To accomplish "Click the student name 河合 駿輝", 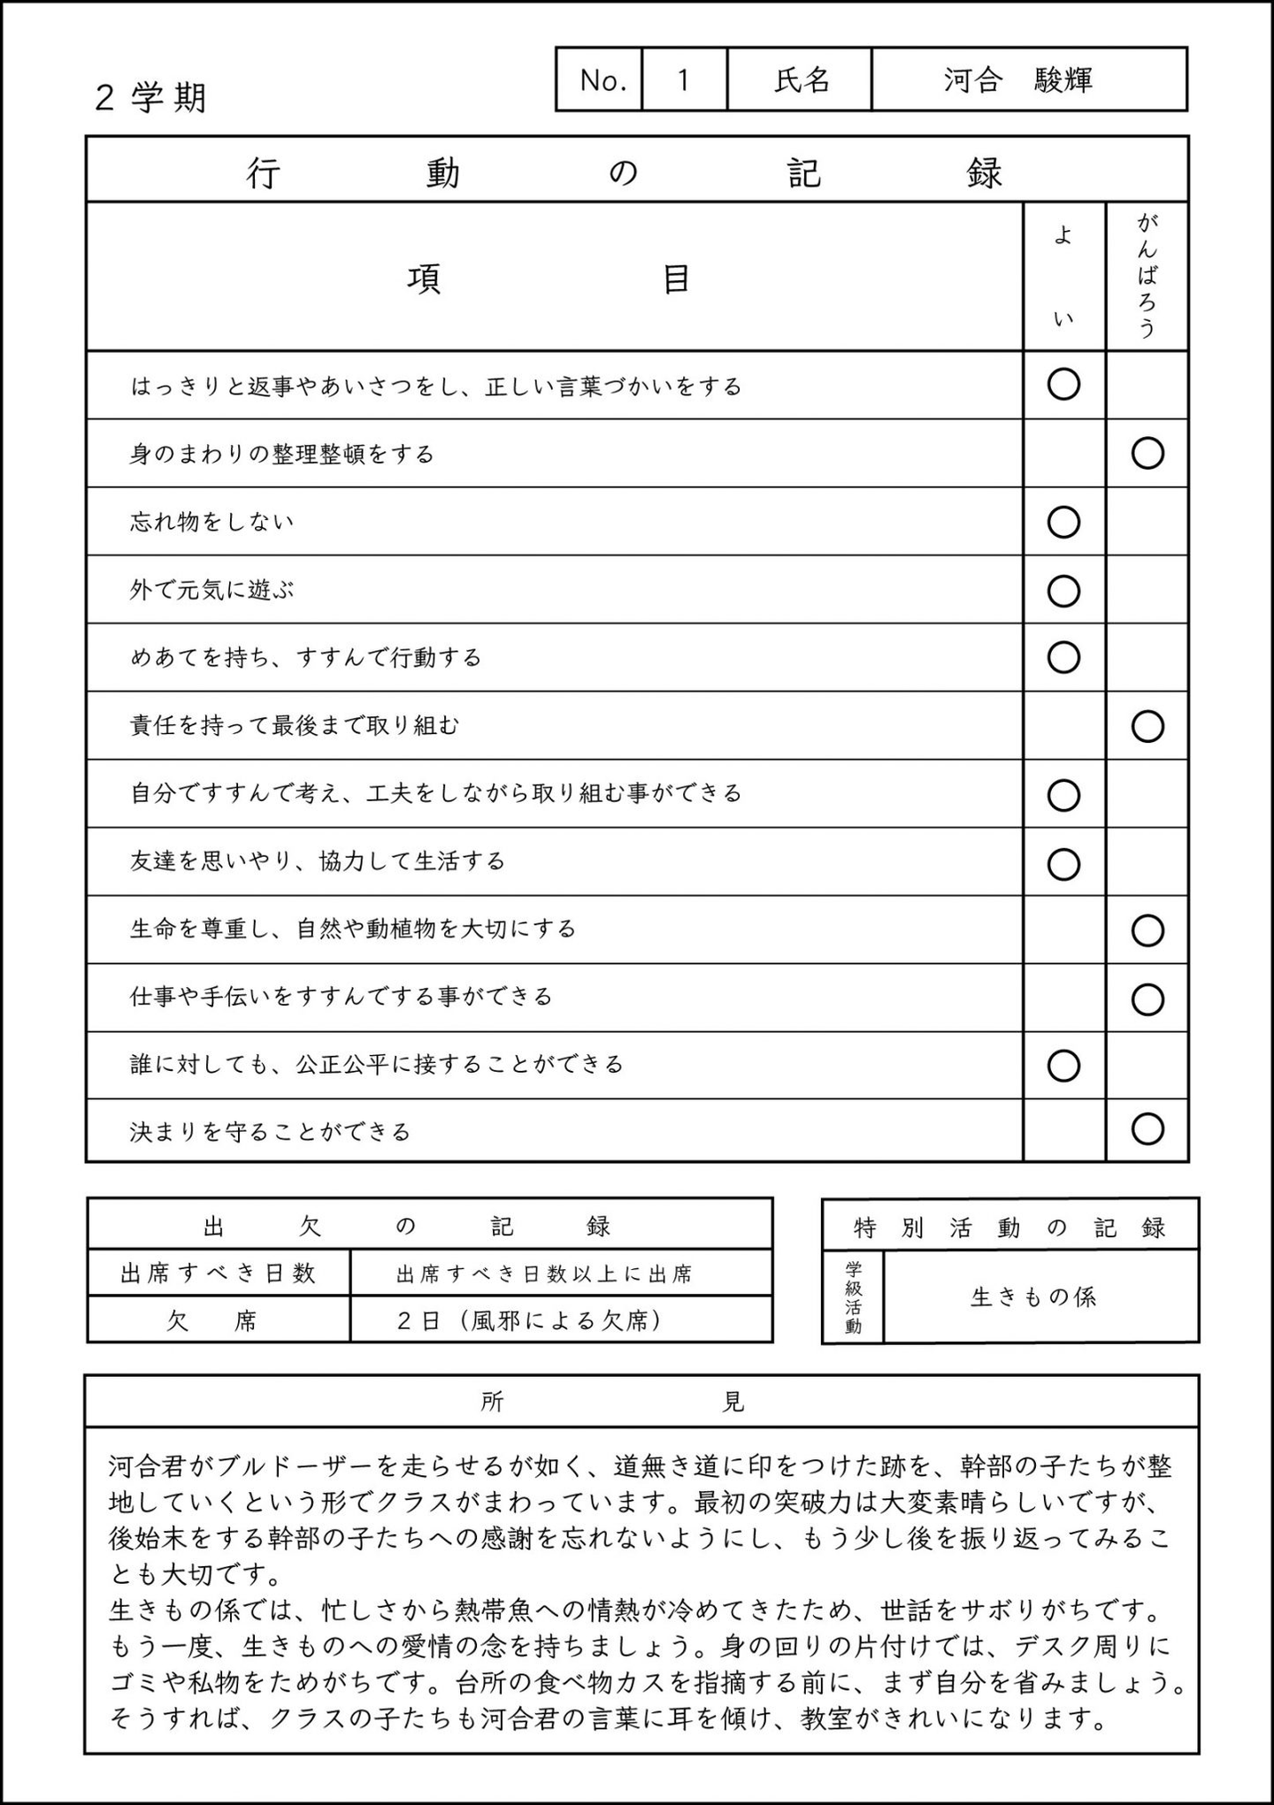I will click(x=1017, y=80).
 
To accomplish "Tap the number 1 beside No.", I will click(x=683, y=80).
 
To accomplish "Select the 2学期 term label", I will click(x=150, y=97).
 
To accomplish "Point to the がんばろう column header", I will click(x=1147, y=276).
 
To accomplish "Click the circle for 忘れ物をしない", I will click(x=1063, y=522).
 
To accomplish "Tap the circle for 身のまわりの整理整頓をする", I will click(x=1147, y=454).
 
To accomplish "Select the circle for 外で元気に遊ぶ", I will click(x=1063, y=590).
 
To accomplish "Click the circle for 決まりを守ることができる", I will click(x=1147, y=1129).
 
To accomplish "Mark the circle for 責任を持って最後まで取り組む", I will click(x=1147, y=726).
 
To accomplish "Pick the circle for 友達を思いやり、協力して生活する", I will click(x=1063, y=863).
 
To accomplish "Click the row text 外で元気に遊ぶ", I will click(x=212, y=590).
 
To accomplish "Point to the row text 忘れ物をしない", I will click(x=212, y=522).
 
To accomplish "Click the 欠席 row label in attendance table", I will click(x=212, y=1321).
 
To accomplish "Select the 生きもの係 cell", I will click(x=1033, y=1297).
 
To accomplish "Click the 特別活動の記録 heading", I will click(x=1009, y=1228).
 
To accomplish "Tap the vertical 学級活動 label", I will click(x=853, y=1297).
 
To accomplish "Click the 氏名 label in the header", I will click(x=802, y=80).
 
